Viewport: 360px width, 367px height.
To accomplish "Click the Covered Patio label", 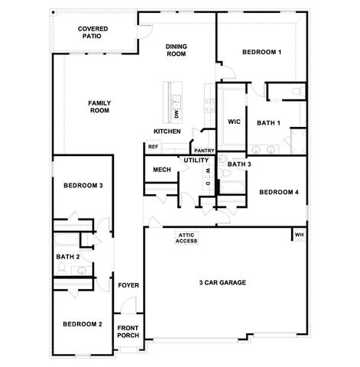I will point(92,33).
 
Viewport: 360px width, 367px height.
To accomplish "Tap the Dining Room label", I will point(177,50).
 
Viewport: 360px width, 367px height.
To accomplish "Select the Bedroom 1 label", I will point(261,52).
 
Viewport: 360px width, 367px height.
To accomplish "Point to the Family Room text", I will point(99,106).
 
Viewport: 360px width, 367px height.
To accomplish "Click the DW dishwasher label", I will point(176,114).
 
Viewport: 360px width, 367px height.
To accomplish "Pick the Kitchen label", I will point(167,131).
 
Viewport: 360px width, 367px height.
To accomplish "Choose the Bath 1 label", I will point(268,122).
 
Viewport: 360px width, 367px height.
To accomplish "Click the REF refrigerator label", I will point(153,146).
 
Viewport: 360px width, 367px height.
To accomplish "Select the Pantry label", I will point(203,151).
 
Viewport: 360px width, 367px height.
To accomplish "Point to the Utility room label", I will point(196,161).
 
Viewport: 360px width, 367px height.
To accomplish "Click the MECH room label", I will point(161,170).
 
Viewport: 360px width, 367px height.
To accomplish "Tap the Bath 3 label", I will point(239,164).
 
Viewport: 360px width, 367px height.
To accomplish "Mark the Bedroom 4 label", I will point(278,192).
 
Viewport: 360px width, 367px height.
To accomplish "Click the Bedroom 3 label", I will point(83,186).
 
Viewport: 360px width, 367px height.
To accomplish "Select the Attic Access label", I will point(186,238).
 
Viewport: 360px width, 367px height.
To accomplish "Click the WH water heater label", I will point(299,234).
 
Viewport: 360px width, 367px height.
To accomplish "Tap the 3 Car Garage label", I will point(222,282).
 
